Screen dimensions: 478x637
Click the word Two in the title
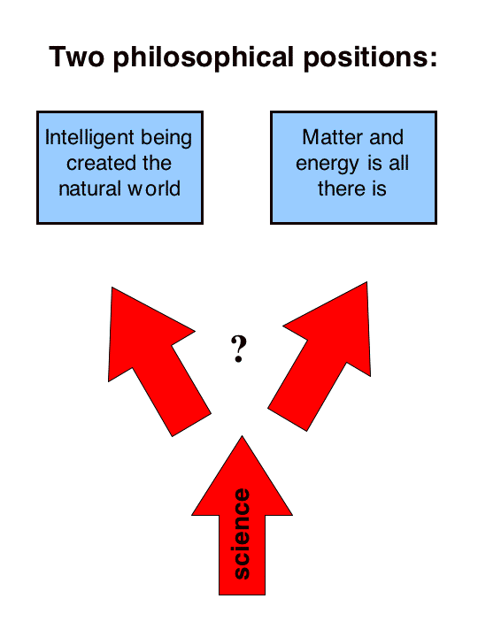point(76,56)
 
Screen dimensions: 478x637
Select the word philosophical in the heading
point(204,58)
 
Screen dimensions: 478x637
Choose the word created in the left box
point(96,164)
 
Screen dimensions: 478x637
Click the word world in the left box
point(154,188)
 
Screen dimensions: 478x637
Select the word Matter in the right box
point(333,137)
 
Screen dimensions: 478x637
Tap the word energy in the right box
point(328,165)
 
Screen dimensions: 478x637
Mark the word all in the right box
point(398,163)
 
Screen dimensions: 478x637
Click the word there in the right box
point(341,189)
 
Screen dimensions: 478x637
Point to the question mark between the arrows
point(239,349)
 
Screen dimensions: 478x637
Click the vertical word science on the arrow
point(243,533)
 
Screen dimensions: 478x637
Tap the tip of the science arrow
point(243,436)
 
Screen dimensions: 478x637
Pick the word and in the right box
point(386,137)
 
